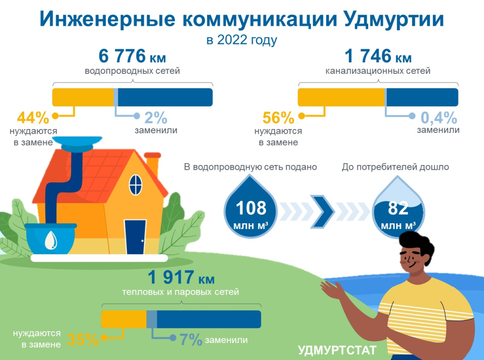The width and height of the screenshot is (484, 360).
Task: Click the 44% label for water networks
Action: pyautogui.click(x=33, y=117)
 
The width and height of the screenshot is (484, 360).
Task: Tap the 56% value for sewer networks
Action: pyautogui.click(x=278, y=118)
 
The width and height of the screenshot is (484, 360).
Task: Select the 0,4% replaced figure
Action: pyautogui.click(x=439, y=117)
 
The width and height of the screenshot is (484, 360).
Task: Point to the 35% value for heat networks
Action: pyautogui.click(x=83, y=339)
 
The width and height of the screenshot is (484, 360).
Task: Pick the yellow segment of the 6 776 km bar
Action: pyautogui.click(x=83, y=97)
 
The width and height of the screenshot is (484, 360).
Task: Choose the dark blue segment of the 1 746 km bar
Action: pyautogui.click(x=423, y=97)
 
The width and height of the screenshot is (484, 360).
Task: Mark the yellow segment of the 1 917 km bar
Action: pyautogui.click(x=124, y=319)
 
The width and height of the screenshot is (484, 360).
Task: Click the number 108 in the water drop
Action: pyautogui.click(x=251, y=208)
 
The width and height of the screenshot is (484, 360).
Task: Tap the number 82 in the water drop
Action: pyautogui.click(x=398, y=208)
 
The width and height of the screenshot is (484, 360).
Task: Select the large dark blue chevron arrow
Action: pyautogui.click(x=322, y=211)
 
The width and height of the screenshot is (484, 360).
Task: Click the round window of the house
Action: pyautogui.click(x=136, y=185)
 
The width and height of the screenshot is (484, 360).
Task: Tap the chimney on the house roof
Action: pyautogui.click(x=153, y=163)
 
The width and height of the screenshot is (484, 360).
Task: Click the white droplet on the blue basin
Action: pyautogui.click(x=51, y=240)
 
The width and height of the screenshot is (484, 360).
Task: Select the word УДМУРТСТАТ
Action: pyautogui.click(x=337, y=351)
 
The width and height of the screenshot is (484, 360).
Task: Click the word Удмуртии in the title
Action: pyautogui.click(x=394, y=19)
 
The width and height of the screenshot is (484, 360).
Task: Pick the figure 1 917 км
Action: pyautogui.click(x=181, y=277)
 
